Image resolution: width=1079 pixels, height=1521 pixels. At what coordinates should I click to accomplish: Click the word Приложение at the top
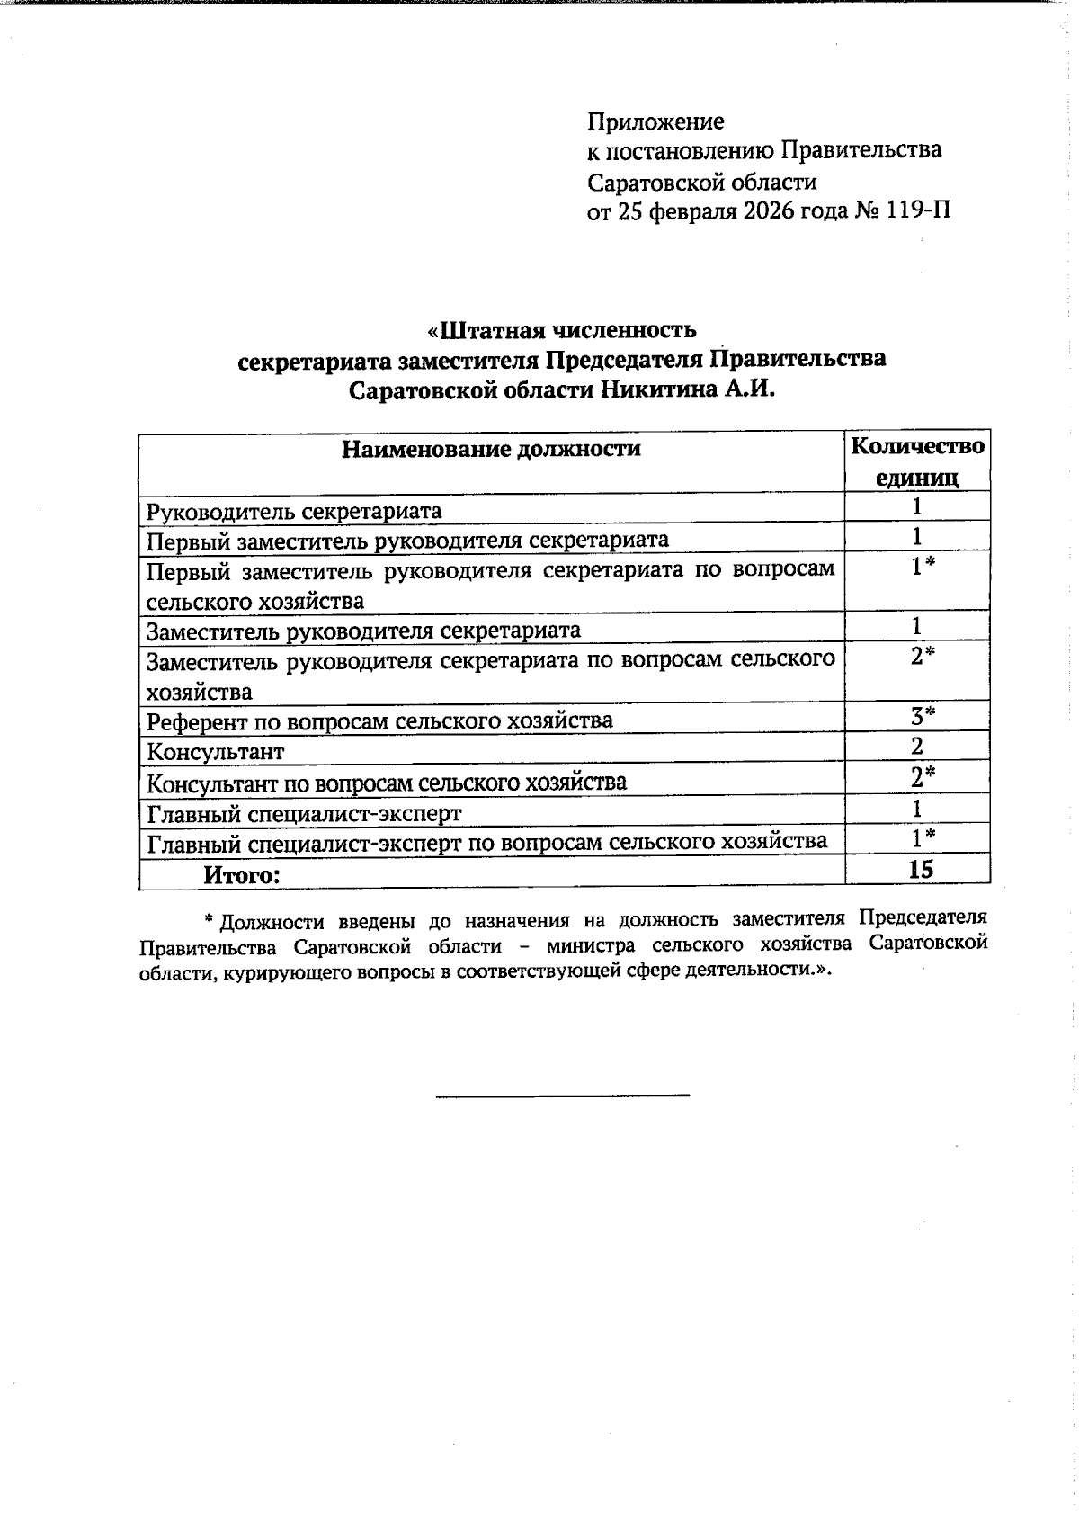(x=655, y=121)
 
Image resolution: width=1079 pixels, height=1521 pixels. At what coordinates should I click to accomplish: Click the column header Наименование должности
(x=491, y=449)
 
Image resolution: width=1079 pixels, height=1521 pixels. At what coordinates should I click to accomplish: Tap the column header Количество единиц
(x=917, y=461)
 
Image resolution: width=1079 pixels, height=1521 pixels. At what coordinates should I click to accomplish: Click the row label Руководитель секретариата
(x=294, y=512)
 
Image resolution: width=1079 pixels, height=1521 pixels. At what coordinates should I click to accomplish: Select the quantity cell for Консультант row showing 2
(x=917, y=747)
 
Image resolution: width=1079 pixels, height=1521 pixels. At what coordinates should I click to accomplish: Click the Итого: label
(x=243, y=873)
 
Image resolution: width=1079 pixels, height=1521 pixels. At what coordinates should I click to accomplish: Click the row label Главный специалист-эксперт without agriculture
(x=304, y=814)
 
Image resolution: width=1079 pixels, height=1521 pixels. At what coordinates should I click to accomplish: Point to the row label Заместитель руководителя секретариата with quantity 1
(x=363, y=630)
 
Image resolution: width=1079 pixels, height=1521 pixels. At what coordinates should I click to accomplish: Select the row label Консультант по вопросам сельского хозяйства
(x=387, y=783)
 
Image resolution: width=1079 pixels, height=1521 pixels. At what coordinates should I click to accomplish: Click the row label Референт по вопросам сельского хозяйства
(x=379, y=720)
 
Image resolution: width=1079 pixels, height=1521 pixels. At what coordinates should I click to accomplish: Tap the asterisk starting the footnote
(x=208, y=919)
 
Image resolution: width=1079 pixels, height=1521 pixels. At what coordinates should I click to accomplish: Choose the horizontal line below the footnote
(x=562, y=1095)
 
